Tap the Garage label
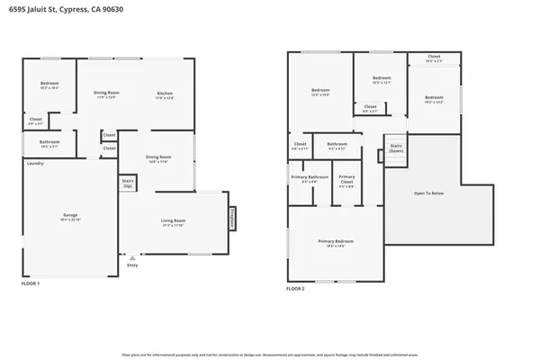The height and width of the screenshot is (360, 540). [70, 216]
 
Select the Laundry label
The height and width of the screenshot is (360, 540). [35, 163]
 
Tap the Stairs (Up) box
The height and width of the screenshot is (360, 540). [127, 183]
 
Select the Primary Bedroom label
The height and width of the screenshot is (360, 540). [336, 241]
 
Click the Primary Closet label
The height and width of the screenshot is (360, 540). [346, 178]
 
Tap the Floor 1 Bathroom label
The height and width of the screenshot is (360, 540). [49, 143]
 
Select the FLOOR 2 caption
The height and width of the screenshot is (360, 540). [295, 289]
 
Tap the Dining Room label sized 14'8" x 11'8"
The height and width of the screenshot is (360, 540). [158, 158]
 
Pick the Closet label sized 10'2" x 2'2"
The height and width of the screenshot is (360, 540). [434, 57]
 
